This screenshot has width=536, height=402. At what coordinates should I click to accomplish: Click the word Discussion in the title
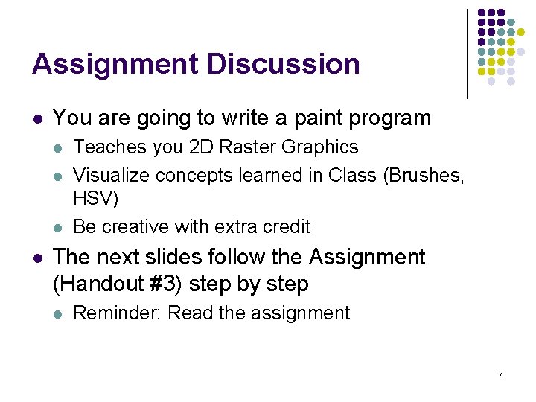pos(284,64)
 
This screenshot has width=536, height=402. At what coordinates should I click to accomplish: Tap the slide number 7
pos(501,372)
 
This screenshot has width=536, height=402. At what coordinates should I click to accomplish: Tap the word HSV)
pos(96,200)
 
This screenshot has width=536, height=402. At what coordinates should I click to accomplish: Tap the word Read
pos(191,313)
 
